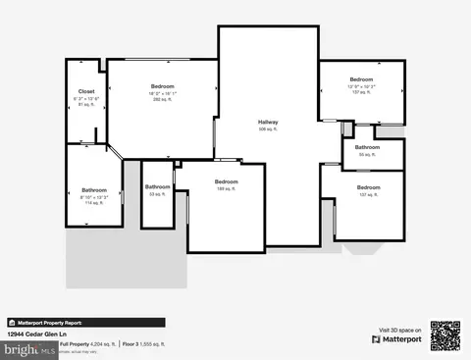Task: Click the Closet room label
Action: pyautogui.click(x=86, y=92)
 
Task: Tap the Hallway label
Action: pyautogui.click(x=268, y=122)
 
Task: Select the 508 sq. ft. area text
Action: pyautogui.click(x=268, y=129)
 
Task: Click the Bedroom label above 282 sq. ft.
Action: pyautogui.click(x=162, y=86)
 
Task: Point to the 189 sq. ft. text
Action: pyautogui.click(x=227, y=189)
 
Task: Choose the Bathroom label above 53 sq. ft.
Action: pyautogui.click(x=158, y=186)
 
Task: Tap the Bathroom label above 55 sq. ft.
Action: pyautogui.click(x=368, y=147)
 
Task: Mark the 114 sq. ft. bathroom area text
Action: pyautogui.click(x=94, y=203)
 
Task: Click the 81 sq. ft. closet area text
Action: pyautogui.click(x=86, y=105)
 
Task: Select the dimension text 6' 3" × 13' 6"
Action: pyautogui.click(x=86, y=99)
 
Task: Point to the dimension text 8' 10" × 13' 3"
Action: pyautogui.click(x=94, y=197)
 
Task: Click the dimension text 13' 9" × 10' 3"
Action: pyautogui.click(x=362, y=86)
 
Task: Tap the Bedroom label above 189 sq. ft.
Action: pyautogui.click(x=227, y=181)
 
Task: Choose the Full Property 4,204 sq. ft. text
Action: pyautogui.click(x=88, y=344)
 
